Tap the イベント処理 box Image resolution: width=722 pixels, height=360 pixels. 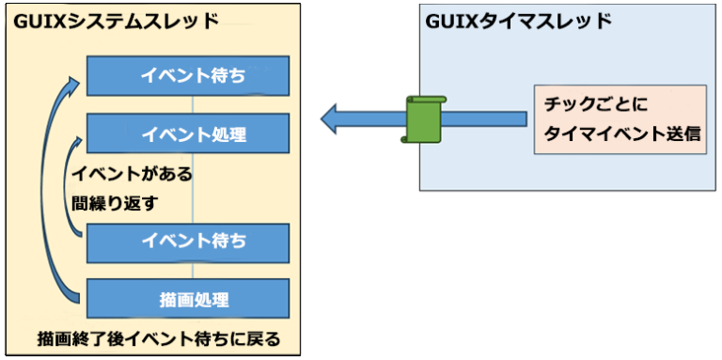coord(187,133)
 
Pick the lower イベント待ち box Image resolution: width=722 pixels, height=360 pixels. coord(187,242)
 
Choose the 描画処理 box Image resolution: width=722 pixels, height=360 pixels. coord(187,299)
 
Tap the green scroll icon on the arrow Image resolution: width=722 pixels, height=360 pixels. coord(422,118)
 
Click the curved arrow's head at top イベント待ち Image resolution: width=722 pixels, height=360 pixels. coord(74,83)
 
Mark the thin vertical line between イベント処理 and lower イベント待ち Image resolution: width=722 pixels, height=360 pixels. coord(192,187)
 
